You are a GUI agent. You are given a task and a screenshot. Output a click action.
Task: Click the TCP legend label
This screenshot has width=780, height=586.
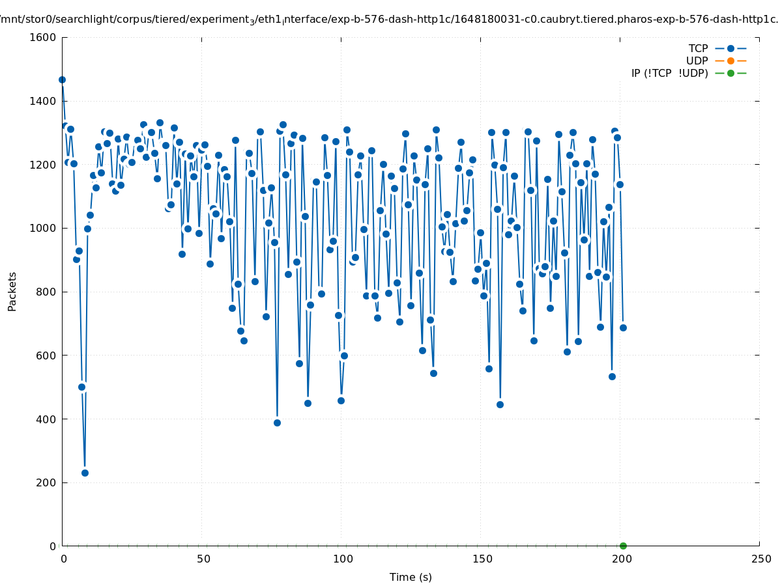click(x=698, y=48)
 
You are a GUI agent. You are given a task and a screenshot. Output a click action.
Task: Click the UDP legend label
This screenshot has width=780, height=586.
click(x=697, y=61)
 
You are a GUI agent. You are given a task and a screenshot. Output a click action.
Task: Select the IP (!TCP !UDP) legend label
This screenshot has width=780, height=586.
click(x=669, y=73)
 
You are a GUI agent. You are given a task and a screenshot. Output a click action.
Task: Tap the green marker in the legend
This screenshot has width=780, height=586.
click(x=730, y=73)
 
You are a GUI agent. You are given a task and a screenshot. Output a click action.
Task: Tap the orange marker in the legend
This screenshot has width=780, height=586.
click(x=730, y=61)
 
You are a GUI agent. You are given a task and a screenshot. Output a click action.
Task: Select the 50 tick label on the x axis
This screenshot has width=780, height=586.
click(x=203, y=559)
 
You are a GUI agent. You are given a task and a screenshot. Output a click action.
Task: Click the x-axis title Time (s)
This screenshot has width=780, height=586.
click(x=411, y=577)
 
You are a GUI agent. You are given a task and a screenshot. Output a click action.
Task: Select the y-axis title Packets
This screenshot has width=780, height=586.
click(x=12, y=291)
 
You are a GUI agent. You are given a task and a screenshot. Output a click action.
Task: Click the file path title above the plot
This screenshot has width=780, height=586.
click(x=390, y=19)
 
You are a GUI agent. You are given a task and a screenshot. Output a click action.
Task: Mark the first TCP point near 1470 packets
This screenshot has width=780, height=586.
click(x=62, y=79)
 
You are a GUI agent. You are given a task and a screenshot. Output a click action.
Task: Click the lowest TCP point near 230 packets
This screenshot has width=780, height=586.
click(x=85, y=473)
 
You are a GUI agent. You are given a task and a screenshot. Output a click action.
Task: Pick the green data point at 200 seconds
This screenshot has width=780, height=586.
click(x=623, y=546)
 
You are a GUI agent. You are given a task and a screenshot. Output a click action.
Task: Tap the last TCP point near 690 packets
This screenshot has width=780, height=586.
click(x=623, y=328)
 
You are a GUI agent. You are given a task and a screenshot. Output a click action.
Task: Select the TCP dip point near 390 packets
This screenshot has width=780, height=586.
click(x=277, y=423)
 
